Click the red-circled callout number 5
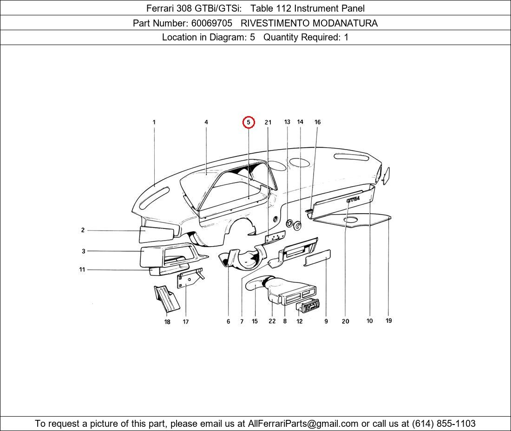click(x=249, y=122)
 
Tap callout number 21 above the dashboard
click(x=268, y=122)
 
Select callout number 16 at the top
click(x=317, y=122)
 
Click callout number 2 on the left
click(x=83, y=230)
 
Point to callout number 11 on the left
click(x=82, y=269)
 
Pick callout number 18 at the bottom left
click(x=167, y=322)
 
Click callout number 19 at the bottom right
click(x=389, y=320)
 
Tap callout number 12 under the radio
click(x=300, y=321)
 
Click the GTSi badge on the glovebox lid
click(x=353, y=199)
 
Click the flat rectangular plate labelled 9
click(x=318, y=257)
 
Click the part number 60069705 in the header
click(x=212, y=23)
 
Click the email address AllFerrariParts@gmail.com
click(x=303, y=424)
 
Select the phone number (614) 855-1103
click(x=444, y=424)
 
